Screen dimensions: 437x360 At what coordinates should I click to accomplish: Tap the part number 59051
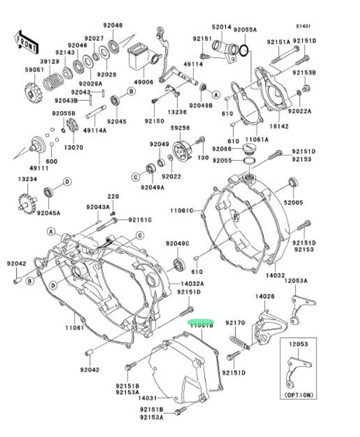pyautogui.click(x=34, y=70)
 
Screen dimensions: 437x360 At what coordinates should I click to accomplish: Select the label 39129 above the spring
pyautogui.click(x=50, y=61)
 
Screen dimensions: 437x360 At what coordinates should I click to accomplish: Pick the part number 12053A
pyautogui.click(x=296, y=280)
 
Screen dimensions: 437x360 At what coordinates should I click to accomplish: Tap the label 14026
pyautogui.click(x=264, y=296)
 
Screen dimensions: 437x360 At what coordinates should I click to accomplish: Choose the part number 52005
pyautogui.click(x=294, y=202)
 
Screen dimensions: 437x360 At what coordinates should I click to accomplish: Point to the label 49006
pyautogui.click(x=143, y=83)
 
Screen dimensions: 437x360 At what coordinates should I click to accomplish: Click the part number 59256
pyautogui.click(x=180, y=127)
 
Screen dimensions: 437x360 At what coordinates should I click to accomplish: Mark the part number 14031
pyautogui.click(x=147, y=398)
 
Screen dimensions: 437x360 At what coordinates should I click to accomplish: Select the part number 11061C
pyautogui.click(x=181, y=210)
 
